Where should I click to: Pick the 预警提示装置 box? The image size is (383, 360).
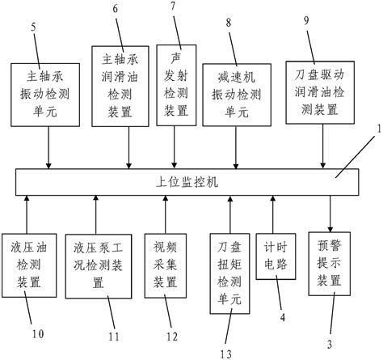click(330, 261)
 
